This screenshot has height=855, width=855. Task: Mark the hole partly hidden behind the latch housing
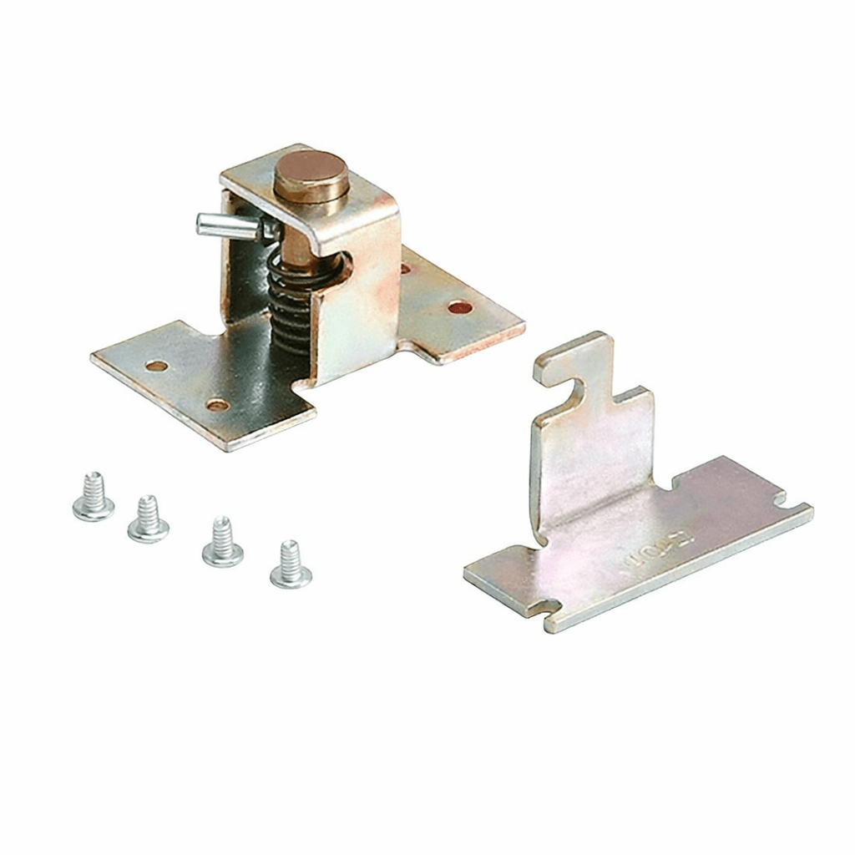click(x=406, y=269)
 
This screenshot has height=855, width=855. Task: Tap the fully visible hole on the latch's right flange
click(x=460, y=308)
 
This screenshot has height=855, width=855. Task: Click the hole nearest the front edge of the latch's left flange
click(x=218, y=405)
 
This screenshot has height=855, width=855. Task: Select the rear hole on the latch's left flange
click(x=156, y=366)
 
